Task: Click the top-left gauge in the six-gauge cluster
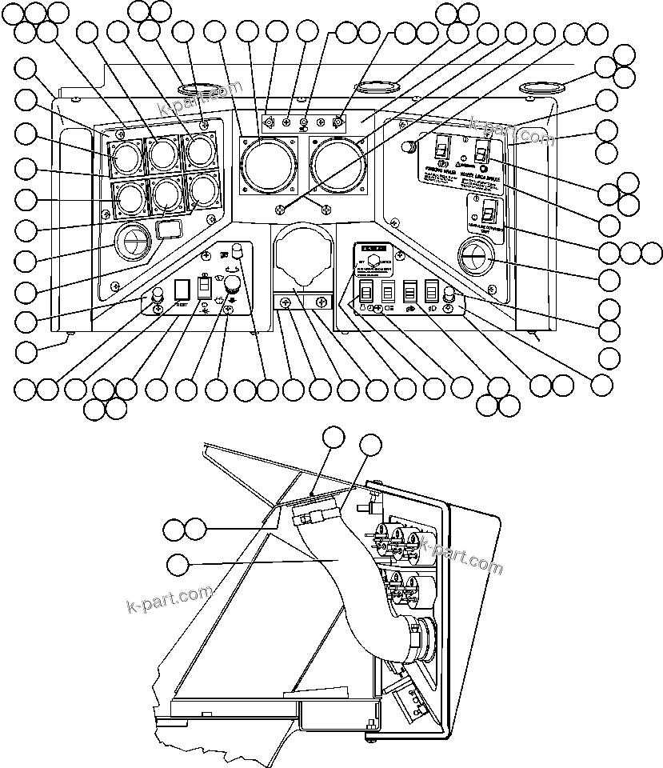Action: point(126,157)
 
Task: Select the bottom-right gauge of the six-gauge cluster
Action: point(201,189)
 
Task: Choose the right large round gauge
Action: point(337,161)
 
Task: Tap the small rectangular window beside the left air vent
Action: point(169,231)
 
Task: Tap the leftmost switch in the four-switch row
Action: point(366,293)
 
